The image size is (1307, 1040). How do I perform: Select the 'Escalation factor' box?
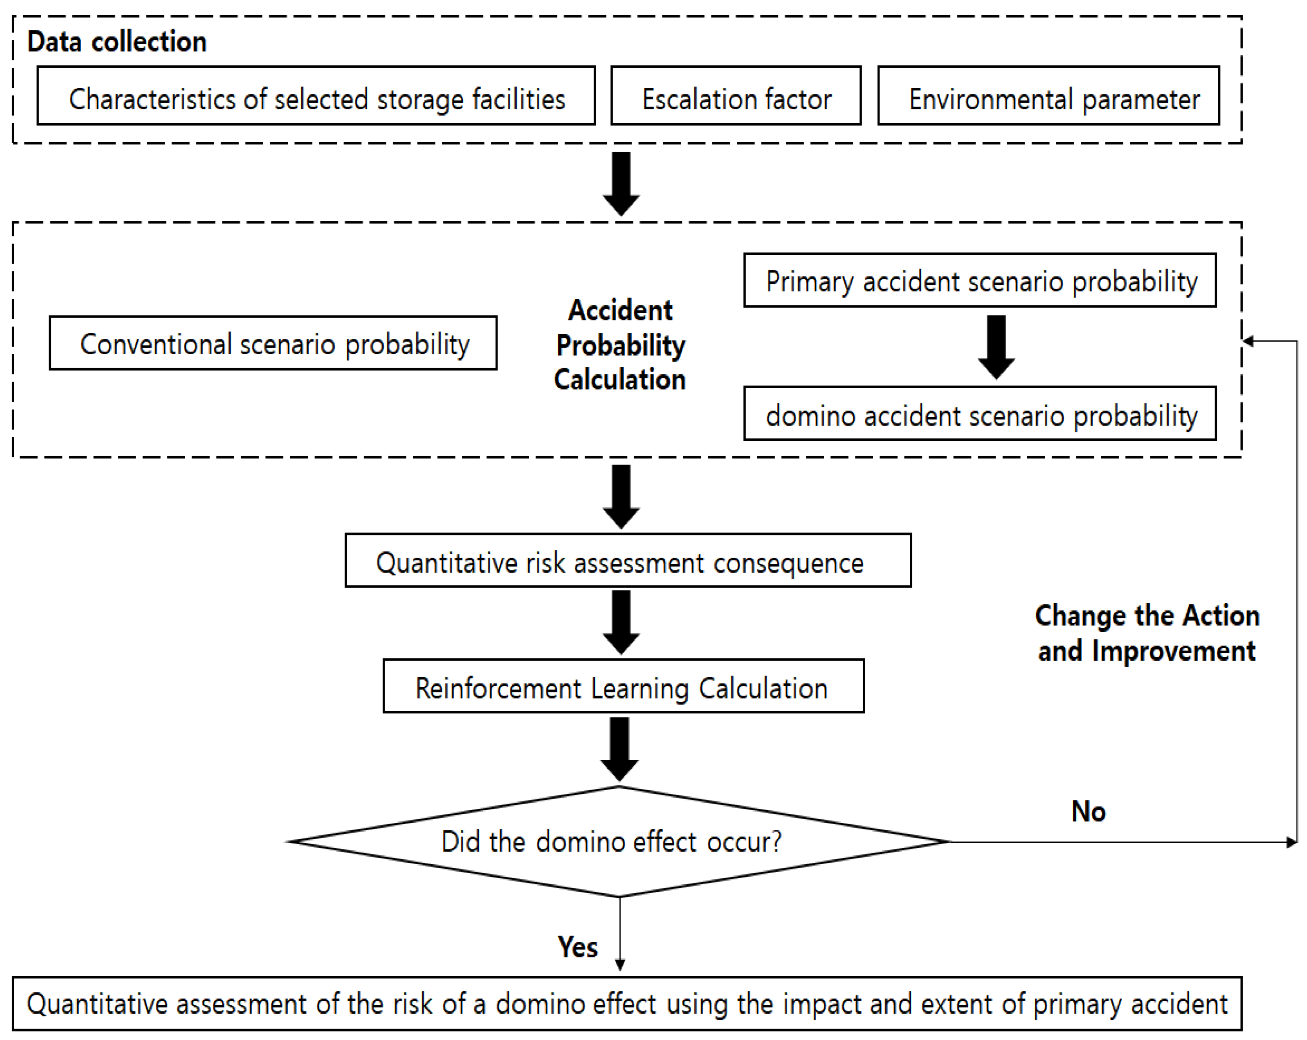[736, 96]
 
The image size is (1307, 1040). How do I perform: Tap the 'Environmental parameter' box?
[1048, 96]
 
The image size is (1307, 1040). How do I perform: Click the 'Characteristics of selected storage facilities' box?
[316, 96]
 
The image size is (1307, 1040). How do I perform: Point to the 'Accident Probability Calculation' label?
[620, 345]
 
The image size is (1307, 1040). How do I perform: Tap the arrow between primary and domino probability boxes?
[996, 347]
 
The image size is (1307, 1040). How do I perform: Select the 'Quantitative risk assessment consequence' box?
[627, 561]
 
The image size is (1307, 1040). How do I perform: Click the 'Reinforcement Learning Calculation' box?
[623, 686]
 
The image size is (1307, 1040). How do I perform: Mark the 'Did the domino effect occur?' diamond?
[618, 841]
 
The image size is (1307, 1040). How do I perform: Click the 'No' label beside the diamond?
[1088, 812]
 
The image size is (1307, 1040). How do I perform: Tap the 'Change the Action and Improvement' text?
[1147, 633]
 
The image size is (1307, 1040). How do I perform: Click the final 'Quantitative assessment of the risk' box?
[627, 1003]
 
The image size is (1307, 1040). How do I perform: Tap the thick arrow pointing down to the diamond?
[619, 749]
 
